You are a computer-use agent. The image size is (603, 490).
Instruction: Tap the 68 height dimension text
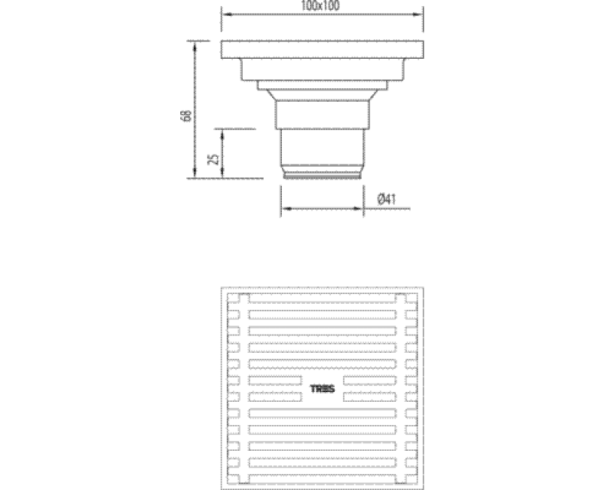coord(185,115)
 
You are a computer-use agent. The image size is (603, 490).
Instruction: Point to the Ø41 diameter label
coord(386,200)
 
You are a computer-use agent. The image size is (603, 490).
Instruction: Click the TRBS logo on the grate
coord(323,389)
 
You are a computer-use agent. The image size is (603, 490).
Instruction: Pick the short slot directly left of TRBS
coord(276,380)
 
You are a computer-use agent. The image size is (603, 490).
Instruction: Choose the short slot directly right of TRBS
coord(370,380)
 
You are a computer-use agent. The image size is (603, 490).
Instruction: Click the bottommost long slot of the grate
coord(323,476)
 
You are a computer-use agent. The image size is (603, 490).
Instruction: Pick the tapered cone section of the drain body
coord(323,95)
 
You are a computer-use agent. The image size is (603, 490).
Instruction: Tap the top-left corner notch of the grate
coord(234,299)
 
